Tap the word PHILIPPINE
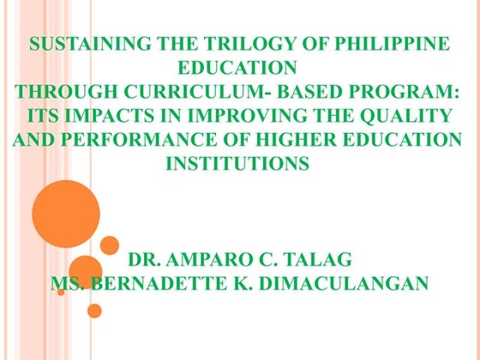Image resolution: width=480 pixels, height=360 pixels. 390,45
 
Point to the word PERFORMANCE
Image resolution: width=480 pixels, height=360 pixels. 128,140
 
